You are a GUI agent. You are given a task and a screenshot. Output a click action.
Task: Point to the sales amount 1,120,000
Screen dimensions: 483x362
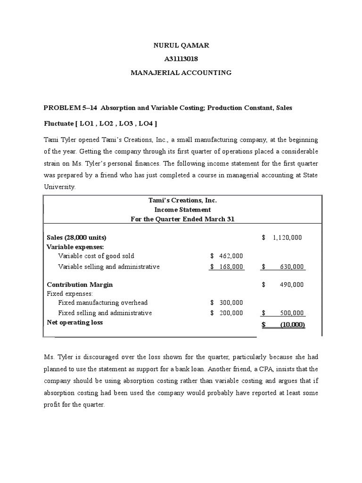click(287, 237)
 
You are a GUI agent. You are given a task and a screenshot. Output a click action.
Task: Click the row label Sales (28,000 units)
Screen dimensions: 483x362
click(77, 237)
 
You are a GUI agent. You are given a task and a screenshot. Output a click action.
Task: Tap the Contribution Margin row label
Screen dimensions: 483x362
click(80, 284)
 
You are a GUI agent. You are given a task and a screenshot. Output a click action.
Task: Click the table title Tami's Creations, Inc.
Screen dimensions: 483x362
click(182, 200)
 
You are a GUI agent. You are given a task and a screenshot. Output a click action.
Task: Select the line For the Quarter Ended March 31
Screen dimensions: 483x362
click(182, 219)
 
